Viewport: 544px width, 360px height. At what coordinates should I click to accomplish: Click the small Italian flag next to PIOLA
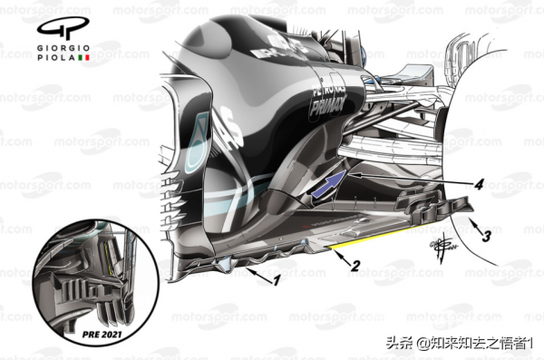click(x=86, y=57)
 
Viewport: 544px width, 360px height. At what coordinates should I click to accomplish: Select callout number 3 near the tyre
click(x=487, y=238)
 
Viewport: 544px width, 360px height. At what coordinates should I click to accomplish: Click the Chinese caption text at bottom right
click(x=461, y=344)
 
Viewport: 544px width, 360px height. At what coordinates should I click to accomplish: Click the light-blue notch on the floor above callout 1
click(x=219, y=264)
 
